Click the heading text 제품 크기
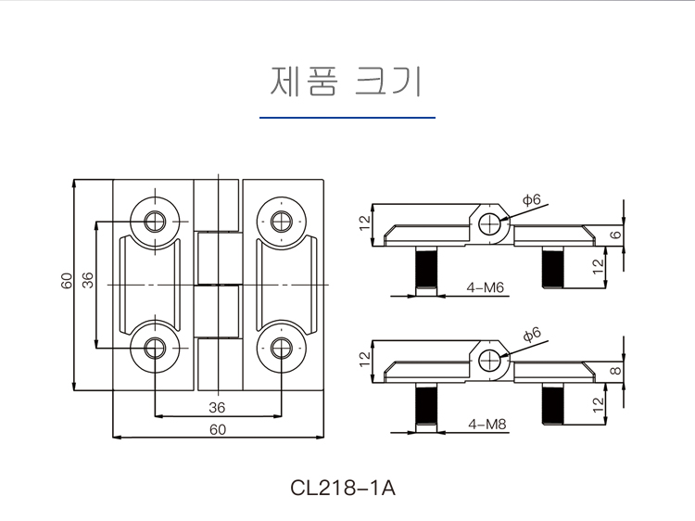(x=347, y=82)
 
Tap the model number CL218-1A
(x=343, y=487)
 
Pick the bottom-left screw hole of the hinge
(x=154, y=348)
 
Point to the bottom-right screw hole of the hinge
(x=282, y=348)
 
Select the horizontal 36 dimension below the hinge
(x=217, y=407)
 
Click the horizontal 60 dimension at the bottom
(x=217, y=428)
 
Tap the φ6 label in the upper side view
(x=531, y=199)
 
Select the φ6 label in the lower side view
(x=531, y=333)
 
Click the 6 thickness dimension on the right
(x=615, y=235)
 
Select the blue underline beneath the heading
(x=347, y=118)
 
